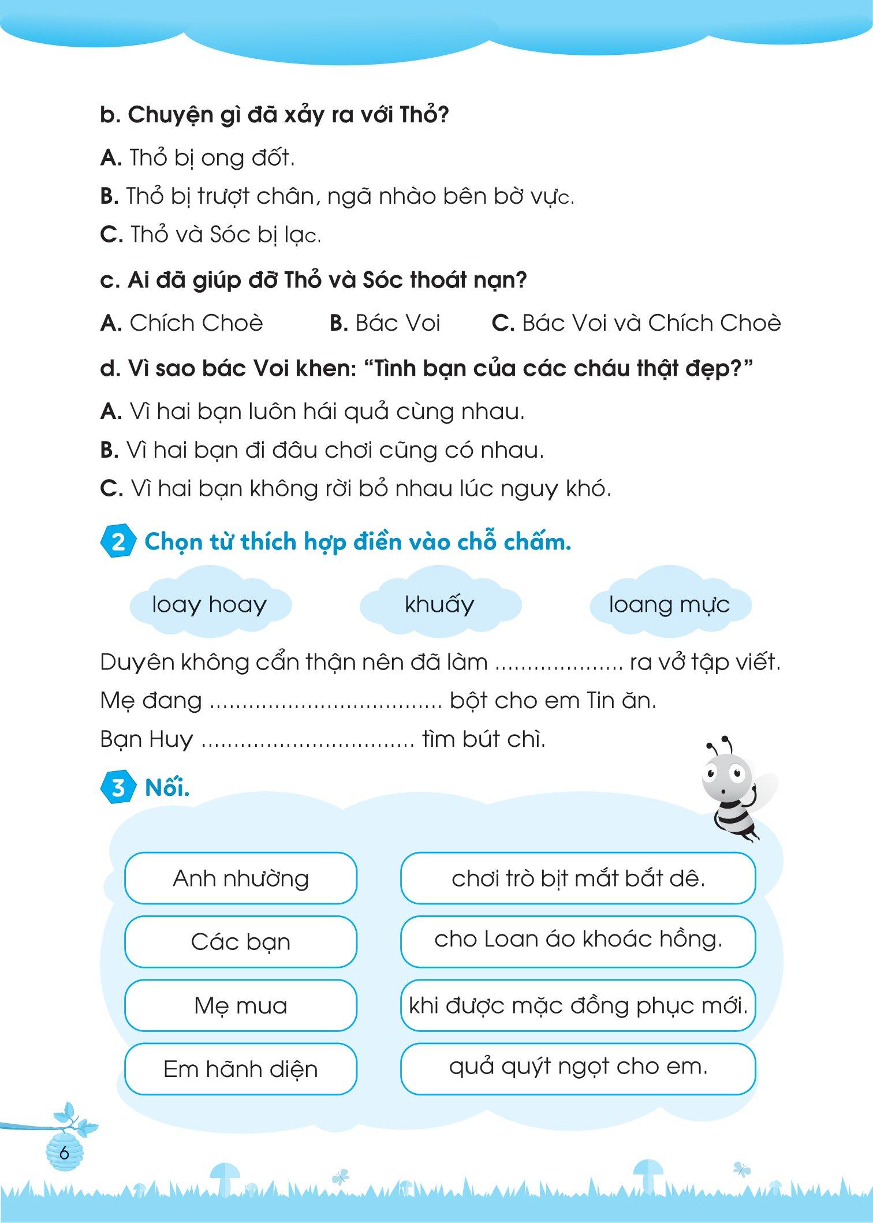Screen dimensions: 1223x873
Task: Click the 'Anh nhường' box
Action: coord(241,878)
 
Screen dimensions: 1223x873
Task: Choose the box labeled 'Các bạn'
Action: coord(241,942)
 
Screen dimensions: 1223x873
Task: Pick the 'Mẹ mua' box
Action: coord(241,1005)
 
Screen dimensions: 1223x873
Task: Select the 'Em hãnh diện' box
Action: coord(241,1069)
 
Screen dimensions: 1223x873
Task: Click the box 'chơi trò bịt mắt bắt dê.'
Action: coord(578,878)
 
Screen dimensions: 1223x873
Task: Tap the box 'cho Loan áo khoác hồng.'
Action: coord(578,942)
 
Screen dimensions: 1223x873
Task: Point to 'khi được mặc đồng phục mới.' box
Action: coord(578,1005)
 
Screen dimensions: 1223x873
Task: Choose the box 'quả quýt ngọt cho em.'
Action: coord(578,1069)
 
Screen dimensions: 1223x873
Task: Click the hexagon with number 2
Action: coord(118,543)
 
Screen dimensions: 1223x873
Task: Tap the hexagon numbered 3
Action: coord(118,788)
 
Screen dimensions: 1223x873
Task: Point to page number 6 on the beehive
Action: coord(64,1154)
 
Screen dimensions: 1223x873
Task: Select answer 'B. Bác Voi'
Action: coord(385,323)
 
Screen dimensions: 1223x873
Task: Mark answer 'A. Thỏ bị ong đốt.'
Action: coord(197,158)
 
